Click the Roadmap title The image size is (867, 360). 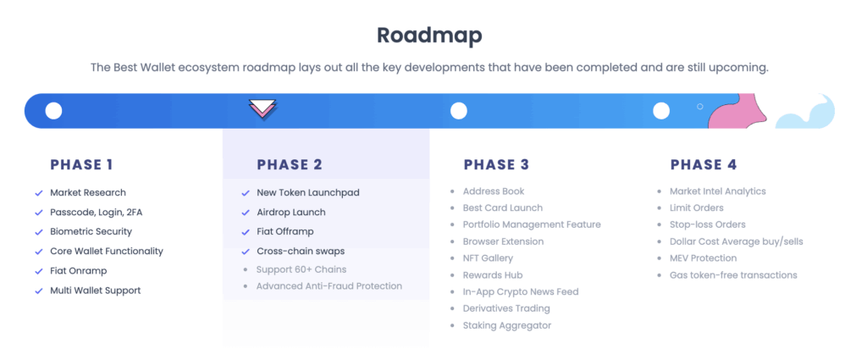(x=429, y=36)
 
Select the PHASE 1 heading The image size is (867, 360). (x=81, y=165)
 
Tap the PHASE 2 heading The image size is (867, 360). (x=290, y=165)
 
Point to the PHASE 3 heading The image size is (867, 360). (x=496, y=165)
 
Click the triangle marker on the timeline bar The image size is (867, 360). (x=262, y=109)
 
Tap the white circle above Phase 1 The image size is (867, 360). (x=53, y=111)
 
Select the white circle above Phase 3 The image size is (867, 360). (x=458, y=111)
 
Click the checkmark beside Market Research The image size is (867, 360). (x=39, y=193)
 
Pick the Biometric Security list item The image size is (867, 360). (x=91, y=232)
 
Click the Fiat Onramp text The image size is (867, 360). (x=79, y=271)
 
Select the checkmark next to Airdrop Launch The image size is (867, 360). (x=246, y=213)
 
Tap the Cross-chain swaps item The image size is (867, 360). (x=301, y=251)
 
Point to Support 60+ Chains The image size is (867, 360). (x=301, y=269)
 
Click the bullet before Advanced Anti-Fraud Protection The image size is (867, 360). (x=246, y=286)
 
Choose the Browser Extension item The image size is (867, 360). (x=503, y=241)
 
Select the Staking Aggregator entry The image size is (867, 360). (x=507, y=326)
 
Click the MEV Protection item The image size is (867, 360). (x=704, y=258)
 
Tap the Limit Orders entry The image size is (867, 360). (x=697, y=208)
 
